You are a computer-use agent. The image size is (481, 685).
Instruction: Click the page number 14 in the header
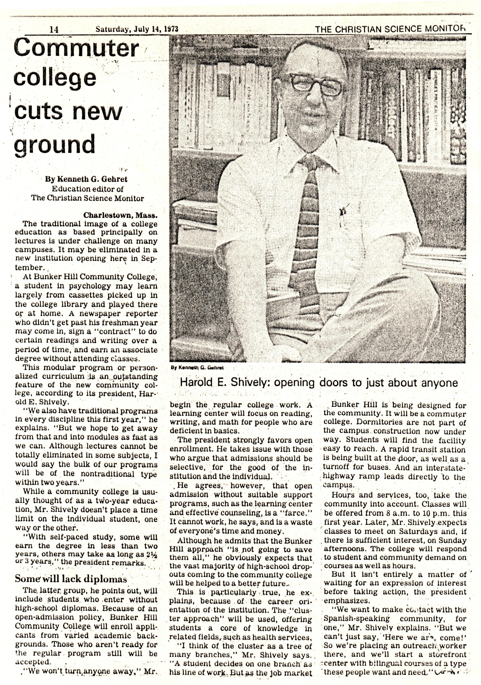(55, 29)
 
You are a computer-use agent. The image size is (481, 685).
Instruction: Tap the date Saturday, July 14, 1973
(137, 29)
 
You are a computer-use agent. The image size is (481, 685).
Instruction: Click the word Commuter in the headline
(76, 48)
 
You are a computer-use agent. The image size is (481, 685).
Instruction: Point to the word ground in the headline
(55, 145)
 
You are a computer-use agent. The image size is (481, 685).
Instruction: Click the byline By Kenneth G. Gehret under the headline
(86, 179)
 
